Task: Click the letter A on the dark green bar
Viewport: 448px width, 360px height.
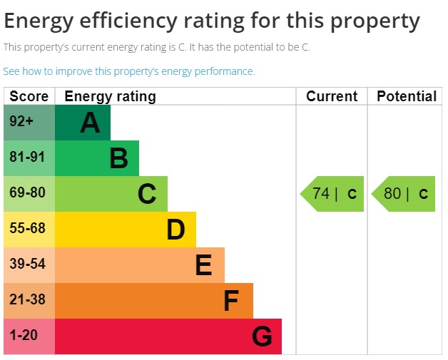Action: click(90, 123)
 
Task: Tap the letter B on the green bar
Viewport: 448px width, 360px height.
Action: click(118, 158)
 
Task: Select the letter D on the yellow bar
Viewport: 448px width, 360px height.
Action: click(175, 230)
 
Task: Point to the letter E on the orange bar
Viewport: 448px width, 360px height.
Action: click(203, 265)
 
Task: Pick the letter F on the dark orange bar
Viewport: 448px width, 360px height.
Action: click(230, 301)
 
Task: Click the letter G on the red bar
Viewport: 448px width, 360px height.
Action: click(262, 336)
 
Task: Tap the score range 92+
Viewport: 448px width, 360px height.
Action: click(21, 122)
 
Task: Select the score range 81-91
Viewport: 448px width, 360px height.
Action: click(27, 158)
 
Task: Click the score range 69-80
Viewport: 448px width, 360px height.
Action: click(27, 193)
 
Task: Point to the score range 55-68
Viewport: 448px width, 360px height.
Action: click(27, 229)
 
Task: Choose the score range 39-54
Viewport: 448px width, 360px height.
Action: click(27, 264)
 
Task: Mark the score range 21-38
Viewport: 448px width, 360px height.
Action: click(27, 300)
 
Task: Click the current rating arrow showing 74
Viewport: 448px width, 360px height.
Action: click(332, 194)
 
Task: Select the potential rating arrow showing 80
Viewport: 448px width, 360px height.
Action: click(404, 194)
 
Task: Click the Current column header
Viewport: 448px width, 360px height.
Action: click(332, 96)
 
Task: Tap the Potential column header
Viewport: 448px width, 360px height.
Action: click(406, 96)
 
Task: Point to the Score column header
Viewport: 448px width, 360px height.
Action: click(29, 96)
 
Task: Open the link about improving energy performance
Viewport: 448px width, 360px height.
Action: click(128, 71)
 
